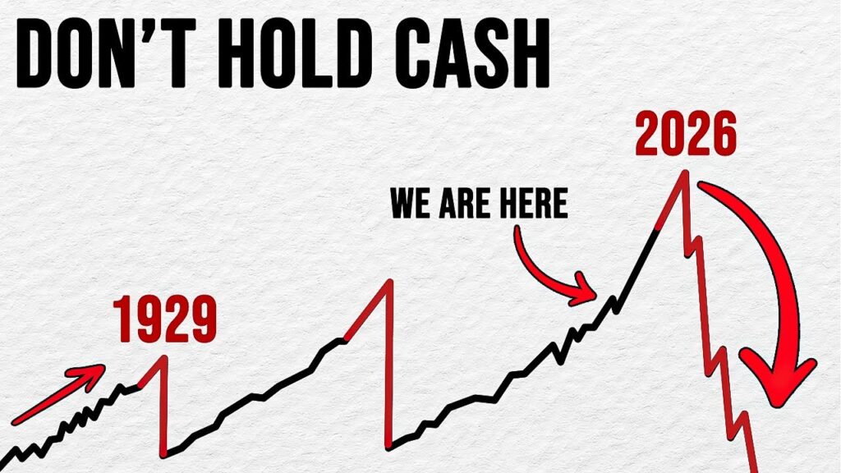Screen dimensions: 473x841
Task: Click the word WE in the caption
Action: (411, 204)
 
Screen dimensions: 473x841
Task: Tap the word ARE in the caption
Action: (462, 204)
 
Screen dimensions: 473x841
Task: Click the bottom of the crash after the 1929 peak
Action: (164, 453)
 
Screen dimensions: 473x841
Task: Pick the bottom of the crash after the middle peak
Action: (387, 448)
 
